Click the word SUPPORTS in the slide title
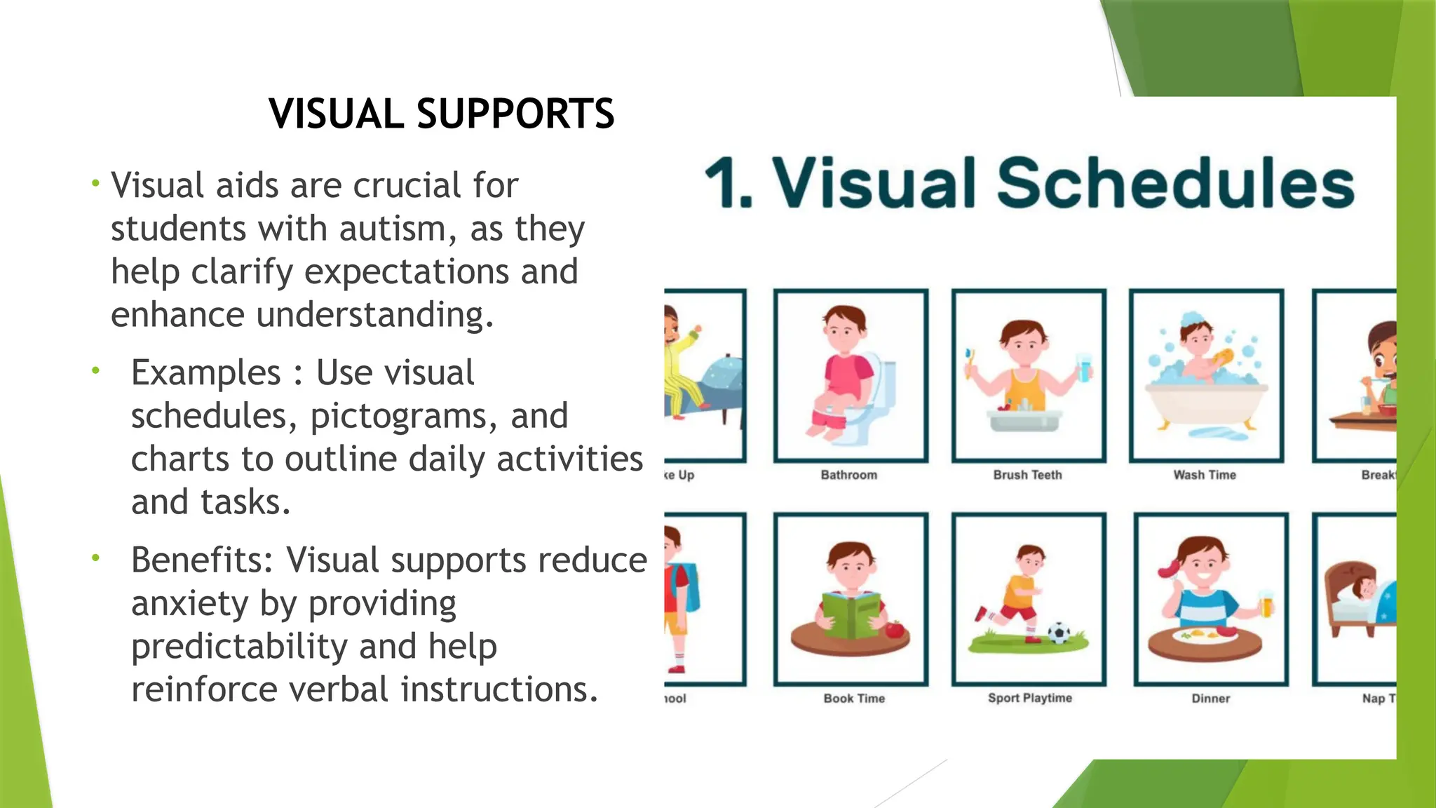(515, 114)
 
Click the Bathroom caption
(848, 475)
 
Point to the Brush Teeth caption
(1027, 475)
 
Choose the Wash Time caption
(1205, 475)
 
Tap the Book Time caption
(854, 699)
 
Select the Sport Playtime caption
(1029, 698)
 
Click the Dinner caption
(1210, 699)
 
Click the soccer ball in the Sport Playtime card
(1058, 633)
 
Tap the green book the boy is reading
(851, 614)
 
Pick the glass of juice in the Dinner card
(1265, 603)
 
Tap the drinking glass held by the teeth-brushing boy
(1084, 368)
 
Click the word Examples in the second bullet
(205, 372)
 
